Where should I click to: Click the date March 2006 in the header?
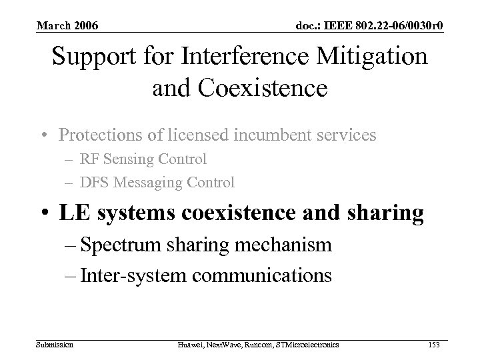pos(67,26)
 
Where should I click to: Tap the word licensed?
pos(203,135)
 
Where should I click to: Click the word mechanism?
pos(291,245)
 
